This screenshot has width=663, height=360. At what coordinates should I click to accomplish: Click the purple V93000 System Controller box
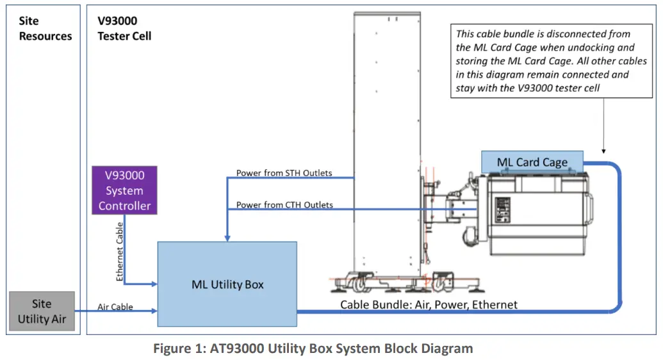point(125,190)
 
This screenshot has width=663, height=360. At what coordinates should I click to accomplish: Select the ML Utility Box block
point(227,284)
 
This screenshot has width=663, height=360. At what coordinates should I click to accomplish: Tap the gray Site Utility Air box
point(42,311)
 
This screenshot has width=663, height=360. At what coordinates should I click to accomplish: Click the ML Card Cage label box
point(532,161)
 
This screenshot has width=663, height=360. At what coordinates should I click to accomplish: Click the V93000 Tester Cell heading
point(124,29)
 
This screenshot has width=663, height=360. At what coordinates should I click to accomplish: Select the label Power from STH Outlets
point(284,173)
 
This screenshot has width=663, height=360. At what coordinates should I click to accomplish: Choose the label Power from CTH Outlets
point(284,205)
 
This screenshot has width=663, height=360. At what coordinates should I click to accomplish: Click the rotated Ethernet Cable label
point(120,251)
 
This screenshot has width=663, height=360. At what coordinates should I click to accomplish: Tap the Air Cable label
point(115,307)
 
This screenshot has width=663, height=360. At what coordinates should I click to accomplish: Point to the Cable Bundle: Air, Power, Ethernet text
point(429,305)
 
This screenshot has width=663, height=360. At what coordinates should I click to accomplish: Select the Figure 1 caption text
point(313,349)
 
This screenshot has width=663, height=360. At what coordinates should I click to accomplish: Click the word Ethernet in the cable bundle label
point(494,305)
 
